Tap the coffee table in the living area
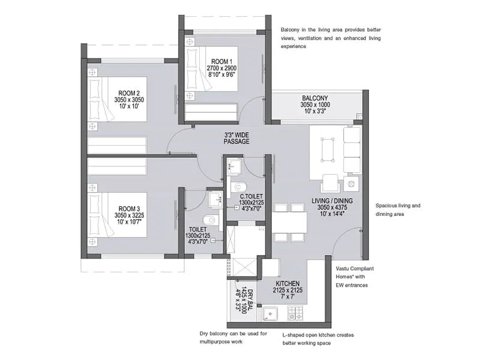click(x=328, y=148)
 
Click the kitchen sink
click(x=271, y=313)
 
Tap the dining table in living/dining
click(x=289, y=222)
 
